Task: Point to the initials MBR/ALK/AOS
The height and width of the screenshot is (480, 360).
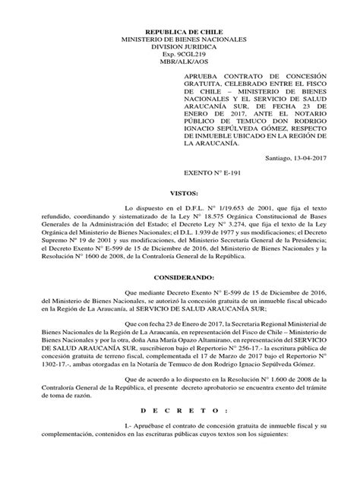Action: pos(179,57)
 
